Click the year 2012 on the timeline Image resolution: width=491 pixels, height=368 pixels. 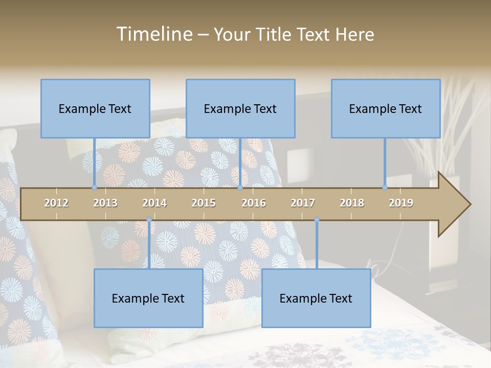(56, 203)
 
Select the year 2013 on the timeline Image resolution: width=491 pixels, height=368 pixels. (105, 203)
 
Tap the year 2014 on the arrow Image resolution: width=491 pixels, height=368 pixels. (154, 203)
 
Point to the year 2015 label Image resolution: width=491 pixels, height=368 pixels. (204, 203)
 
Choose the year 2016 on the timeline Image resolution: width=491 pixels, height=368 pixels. (254, 203)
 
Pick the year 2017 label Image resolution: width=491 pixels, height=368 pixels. (303, 203)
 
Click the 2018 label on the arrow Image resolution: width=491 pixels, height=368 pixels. (352, 203)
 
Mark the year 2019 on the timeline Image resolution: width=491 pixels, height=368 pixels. (401, 203)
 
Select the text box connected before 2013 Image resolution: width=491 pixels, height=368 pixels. (95, 108)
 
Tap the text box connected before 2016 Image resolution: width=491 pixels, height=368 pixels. (240, 108)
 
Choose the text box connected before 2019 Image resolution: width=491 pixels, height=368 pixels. (386, 108)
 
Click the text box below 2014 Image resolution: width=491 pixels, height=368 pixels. (148, 298)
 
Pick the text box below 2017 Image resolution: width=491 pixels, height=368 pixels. (316, 298)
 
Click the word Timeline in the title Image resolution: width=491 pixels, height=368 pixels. (153, 34)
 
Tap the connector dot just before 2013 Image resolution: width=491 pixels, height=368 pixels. (94, 187)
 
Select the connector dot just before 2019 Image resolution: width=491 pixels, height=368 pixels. (385, 187)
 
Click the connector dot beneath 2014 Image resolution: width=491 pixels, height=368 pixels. (149, 220)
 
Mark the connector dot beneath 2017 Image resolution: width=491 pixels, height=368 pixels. (317, 220)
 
